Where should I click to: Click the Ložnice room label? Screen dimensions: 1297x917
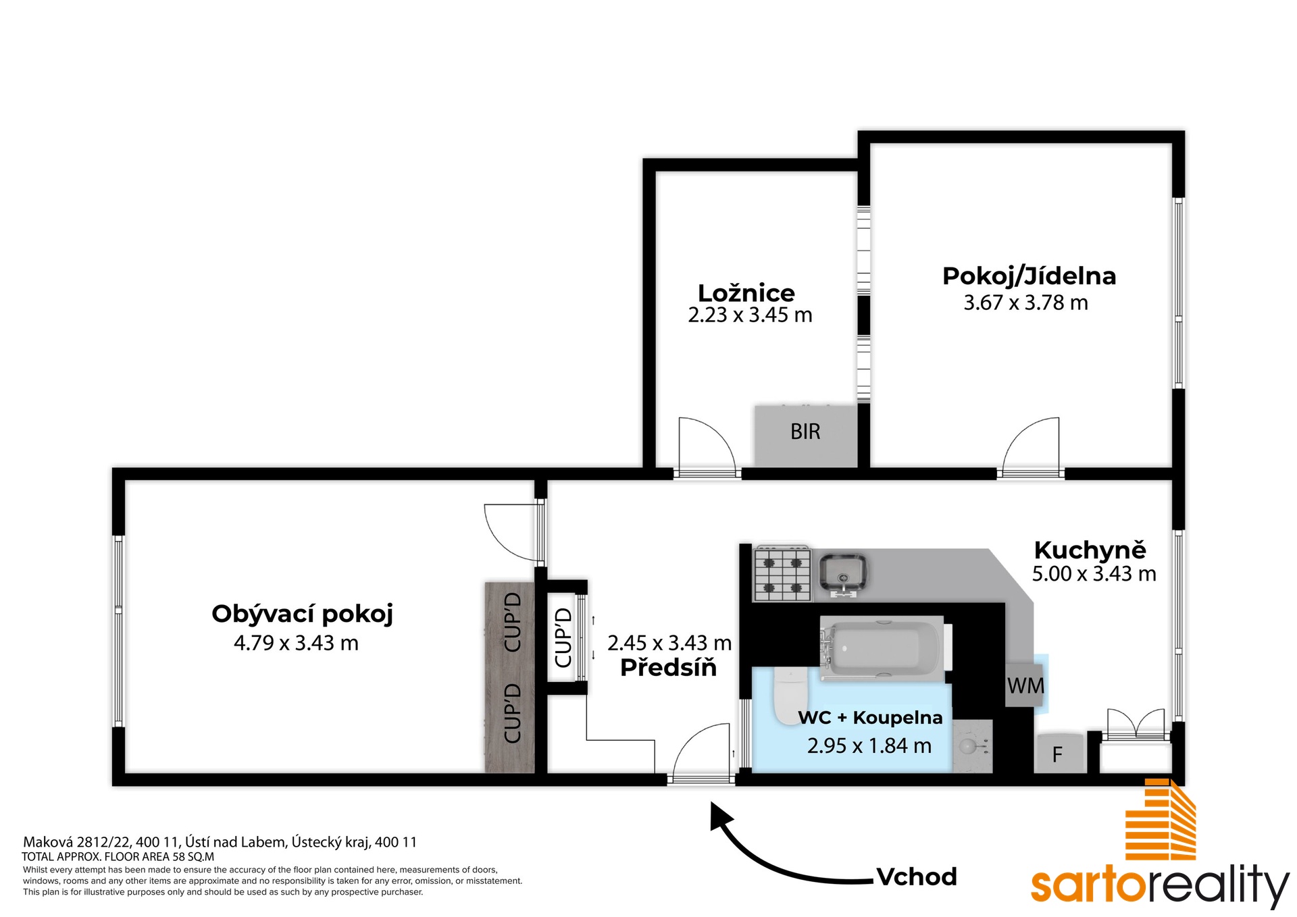(746, 292)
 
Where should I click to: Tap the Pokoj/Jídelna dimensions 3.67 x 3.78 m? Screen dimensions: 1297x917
(1025, 303)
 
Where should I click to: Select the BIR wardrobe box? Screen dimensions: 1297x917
(806, 436)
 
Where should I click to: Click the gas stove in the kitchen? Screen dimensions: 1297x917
(783, 573)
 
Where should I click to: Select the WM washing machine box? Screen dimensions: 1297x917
(1025, 685)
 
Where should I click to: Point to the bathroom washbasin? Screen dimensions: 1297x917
(971, 745)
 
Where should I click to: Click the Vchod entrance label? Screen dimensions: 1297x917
(916, 876)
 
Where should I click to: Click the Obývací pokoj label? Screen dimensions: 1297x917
(302, 614)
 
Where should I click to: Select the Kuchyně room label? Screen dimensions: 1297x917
(1090, 550)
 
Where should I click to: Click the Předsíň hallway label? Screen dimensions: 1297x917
(668, 667)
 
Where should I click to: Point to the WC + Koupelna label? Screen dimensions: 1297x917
(870, 717)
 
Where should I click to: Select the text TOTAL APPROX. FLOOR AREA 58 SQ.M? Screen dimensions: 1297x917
(118, 856)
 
